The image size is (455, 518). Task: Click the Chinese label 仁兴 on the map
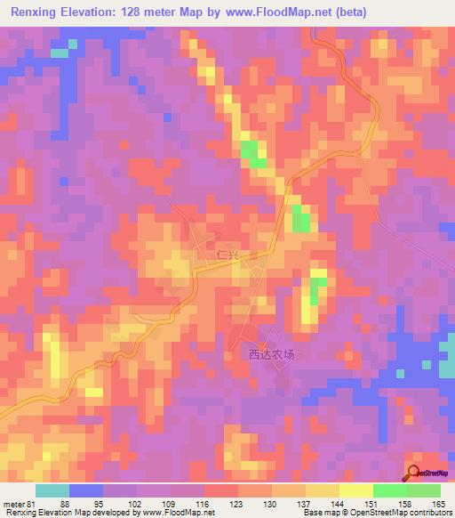point(228,255)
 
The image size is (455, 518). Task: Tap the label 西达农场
point(270,353)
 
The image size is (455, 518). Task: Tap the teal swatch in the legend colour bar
point(52,491)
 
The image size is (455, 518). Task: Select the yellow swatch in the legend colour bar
point(355,491)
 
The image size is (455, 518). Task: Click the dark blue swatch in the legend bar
point(86,491)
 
